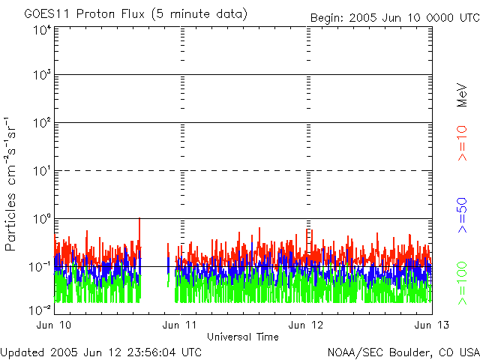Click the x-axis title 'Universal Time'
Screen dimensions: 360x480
coord(242,337)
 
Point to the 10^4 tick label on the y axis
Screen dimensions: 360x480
coord(40,30)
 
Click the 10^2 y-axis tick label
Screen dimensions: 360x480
coord(40,124)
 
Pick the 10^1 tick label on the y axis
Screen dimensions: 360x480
coord(40,172)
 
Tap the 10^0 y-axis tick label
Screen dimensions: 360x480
coord(40,219)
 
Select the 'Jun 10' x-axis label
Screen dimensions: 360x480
coord(54,325)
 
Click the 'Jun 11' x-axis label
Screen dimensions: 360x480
coord(181,325)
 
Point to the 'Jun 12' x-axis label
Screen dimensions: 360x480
coord(307,325)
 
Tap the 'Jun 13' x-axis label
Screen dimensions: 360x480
coord(432,325)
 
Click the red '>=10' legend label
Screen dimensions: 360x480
coord(463,143)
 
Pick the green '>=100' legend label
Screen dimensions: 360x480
coord(463,283)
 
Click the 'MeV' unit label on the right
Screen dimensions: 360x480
coord(463,97)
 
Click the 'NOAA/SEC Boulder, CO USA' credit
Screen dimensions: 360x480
coord(403,352)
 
